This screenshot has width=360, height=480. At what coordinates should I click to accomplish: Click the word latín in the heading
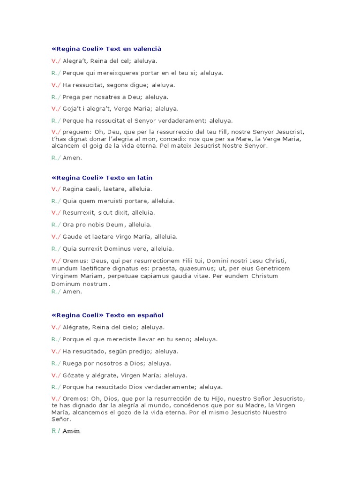[x=143, y=178]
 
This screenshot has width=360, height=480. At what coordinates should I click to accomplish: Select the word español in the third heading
[x=149, y=315]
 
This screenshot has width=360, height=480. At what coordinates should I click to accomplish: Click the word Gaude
[x=72, y=237]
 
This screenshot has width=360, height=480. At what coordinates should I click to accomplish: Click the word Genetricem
[x=270, y=268]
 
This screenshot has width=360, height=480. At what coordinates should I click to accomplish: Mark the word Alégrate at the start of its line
[x=76, y=327]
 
